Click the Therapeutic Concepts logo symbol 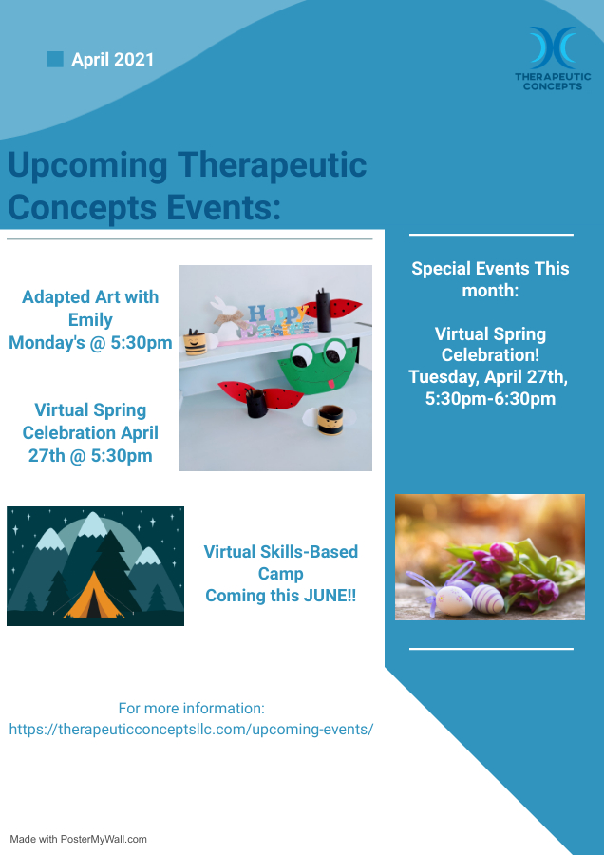[x=554, y=48]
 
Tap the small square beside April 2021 [x=55, y=59]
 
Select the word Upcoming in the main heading [x=87, y=166]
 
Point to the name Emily [x=90, y=320]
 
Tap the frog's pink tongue [x=330, y=385]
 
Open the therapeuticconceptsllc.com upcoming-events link [x=191, y=729]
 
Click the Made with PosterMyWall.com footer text [x=79, y=839]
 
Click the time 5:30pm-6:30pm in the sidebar [x=491, y=399]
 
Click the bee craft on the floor [x=329, y=419]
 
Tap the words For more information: [x=191, y=709]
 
